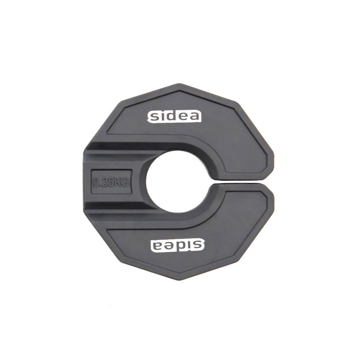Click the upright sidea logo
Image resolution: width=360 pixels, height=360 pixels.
[174, 117]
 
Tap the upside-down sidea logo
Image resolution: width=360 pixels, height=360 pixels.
[177, 246]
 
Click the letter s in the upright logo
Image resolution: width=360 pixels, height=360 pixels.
[154, 117]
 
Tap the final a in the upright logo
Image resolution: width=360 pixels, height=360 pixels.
[194, 117]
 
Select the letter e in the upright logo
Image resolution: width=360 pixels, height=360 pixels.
[184, 117]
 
